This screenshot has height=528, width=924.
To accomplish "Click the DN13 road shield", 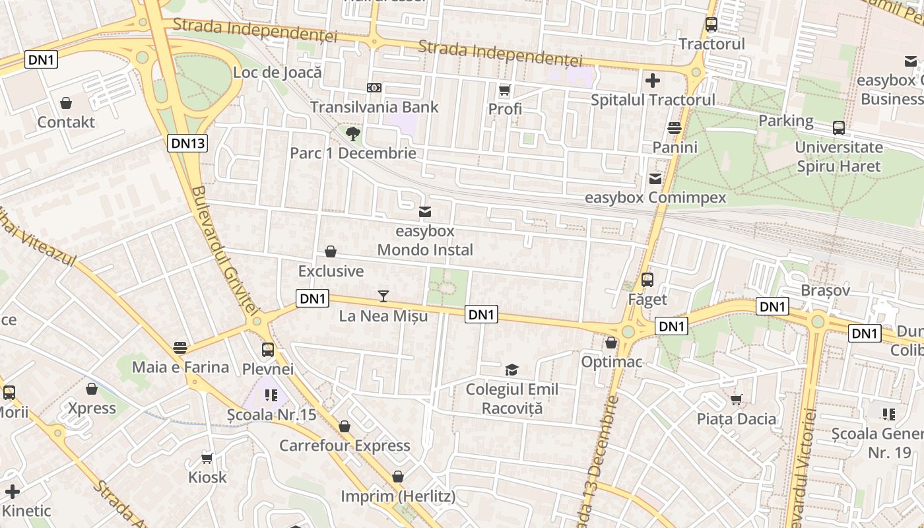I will click(x=187, y=143).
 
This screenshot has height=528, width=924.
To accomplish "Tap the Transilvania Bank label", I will click(x=374, y=107).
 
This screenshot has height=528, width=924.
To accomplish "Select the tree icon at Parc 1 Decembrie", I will click(x=353, y=134).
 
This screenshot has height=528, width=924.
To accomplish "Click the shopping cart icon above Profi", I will click(x=505, y=90).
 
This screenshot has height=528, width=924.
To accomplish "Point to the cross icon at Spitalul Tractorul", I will click(x=653, y=81).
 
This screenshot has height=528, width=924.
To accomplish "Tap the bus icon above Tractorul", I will click(x=711, y=24).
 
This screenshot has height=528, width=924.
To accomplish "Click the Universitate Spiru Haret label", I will click(x=839, y=156).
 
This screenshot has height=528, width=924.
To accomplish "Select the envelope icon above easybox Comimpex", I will click(x=655, y=178).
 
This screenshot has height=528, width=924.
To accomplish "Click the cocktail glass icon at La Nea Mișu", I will click(x=383, y=296).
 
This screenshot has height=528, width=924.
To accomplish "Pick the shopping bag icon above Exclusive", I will click(x=331, y=251).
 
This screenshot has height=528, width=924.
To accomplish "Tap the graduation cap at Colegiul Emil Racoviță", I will click(x=511, y=370).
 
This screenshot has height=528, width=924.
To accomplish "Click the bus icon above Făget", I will click(x=647, y=280).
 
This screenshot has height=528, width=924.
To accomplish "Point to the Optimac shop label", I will click(x=612, y=362).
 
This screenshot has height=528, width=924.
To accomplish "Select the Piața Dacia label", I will click(x=737, y=418).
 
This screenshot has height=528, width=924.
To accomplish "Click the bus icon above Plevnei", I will click(x=268, y=350).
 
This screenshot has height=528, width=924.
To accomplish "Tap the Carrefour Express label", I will click(x=345, y=445).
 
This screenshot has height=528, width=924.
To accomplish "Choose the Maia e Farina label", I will click(x=181, y=367).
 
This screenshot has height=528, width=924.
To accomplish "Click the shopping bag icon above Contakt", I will click(x=66, y=103).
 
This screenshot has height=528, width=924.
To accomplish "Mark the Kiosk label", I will click(x=207, y=477).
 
